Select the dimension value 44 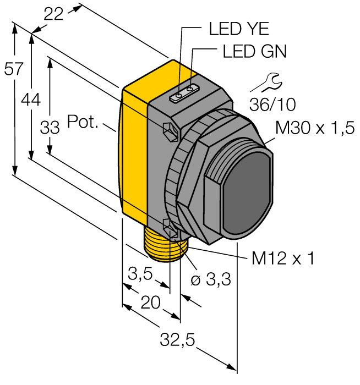[31, 100]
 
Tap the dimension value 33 [50, 128]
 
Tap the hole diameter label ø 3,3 [210, 280]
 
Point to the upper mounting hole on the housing [169, 130]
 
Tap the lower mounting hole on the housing [170, 226]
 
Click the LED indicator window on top [184, 94]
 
